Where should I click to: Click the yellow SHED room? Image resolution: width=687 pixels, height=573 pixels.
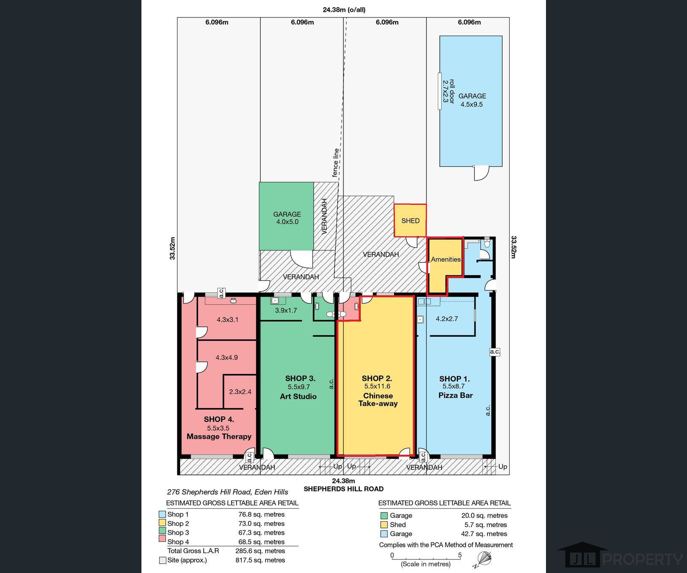click(x=410, y=220)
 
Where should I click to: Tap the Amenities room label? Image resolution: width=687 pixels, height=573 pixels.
click(x=446, y=260)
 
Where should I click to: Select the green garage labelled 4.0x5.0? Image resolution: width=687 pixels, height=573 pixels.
click(x=286, y=216)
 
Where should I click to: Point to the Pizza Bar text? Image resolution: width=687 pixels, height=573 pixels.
click(x=455, y=395)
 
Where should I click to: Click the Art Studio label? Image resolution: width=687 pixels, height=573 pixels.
click(x=298, y=396)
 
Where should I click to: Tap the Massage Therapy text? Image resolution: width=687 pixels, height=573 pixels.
click(x=219, y=436)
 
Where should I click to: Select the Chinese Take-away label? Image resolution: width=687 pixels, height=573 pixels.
click(x=378, y=399)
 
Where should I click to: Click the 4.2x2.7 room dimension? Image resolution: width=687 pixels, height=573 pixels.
click(x=447, y=319)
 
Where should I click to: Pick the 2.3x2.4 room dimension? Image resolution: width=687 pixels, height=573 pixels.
click(x=240, y=392)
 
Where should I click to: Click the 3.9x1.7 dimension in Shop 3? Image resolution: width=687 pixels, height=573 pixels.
click(x=286, y=311)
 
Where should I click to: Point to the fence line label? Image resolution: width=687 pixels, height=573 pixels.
click(x=336, y=163)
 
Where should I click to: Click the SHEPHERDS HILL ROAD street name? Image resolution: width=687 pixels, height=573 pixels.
click(x=343, y=489)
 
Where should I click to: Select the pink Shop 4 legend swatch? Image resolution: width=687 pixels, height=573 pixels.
click(x=162, y=542)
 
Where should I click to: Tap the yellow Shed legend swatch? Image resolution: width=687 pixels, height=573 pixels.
click(x=384, y=525)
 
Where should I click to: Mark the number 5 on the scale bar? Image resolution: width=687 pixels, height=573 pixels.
click(x=460, y=555)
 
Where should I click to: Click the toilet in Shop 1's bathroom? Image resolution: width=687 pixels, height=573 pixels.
click(x=487, y=243)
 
